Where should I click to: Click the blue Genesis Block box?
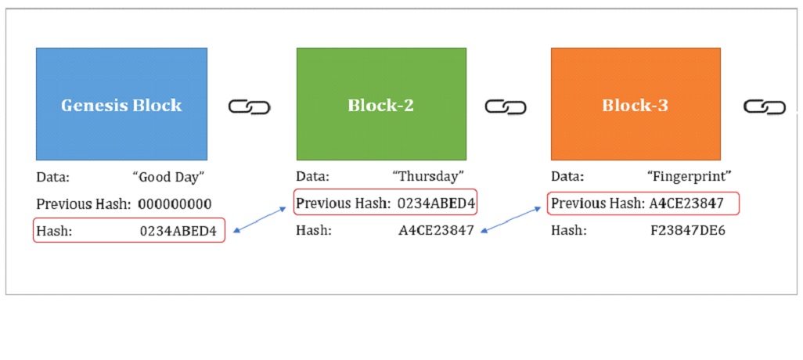[121, 104]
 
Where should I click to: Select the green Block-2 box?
[381, 104]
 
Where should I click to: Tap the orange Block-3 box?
[636, 104]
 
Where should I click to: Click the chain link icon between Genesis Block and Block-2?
[249, 107]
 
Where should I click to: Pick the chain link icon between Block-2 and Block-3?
[506, 107]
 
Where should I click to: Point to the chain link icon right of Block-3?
[764, 107]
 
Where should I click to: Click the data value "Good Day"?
[169, 178]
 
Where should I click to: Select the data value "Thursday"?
[428, 178]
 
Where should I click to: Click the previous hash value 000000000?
[175, 204]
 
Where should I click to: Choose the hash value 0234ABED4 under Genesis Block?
[178, 231]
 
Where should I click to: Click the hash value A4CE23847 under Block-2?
[436, 231]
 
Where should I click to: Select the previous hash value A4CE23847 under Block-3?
[686, 204]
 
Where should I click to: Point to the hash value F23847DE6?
[688, 231]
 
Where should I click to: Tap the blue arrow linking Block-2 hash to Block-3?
[510, 220]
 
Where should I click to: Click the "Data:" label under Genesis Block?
[52, 178]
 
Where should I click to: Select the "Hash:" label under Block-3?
[567, 231]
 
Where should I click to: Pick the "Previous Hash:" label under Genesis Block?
[83, 204]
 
